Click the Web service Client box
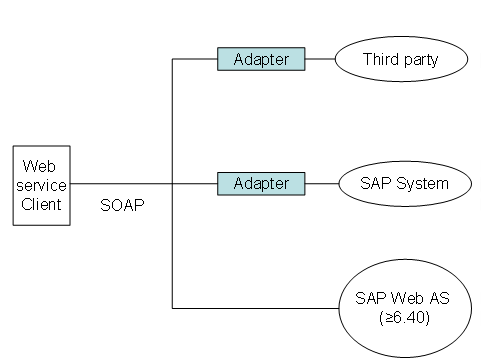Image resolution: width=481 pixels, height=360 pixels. point(42,185)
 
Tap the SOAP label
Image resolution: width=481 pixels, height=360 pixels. point(122,205)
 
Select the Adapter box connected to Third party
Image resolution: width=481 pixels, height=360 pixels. point(261,59)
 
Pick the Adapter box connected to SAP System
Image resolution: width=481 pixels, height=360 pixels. point(261,184)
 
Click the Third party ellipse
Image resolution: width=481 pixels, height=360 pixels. point(401,59)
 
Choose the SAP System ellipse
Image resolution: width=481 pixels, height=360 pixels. point(405,184)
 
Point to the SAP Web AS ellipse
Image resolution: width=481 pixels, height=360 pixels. point(405,308)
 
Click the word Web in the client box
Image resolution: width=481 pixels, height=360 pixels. point(39,166)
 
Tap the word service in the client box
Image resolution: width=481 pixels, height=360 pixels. point(41,185)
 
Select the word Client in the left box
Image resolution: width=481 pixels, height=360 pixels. point(41,204)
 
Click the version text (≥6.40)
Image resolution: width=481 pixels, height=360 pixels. point(404,317)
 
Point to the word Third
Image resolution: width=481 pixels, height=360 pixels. point(381,59)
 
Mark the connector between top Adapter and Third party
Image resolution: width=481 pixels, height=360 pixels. point(320,59)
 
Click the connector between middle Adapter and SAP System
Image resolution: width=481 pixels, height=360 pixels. point(322,184)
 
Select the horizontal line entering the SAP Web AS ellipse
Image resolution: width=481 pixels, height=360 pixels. point(256,308)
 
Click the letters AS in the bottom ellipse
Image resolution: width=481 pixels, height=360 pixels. point(439,298)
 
